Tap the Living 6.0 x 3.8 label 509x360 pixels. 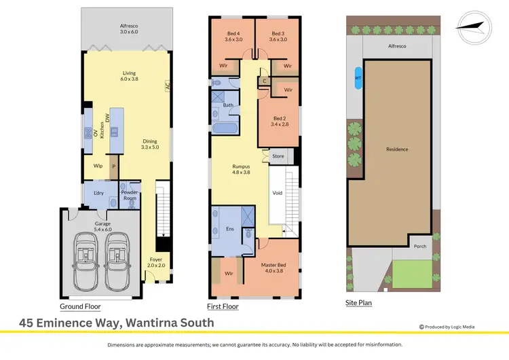pyautogui.click(x=130, y=75)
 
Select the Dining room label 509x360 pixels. pyautogui.click(x=149, y=145)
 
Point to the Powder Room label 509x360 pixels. pyautogui.click(x=130, y=195)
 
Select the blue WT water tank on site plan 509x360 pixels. pyautogui.click(x=357, y=77)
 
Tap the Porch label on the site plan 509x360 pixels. pyautogui.click(x=420, y=247)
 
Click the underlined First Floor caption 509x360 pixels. pyautogui.click(x=223, y=306)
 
